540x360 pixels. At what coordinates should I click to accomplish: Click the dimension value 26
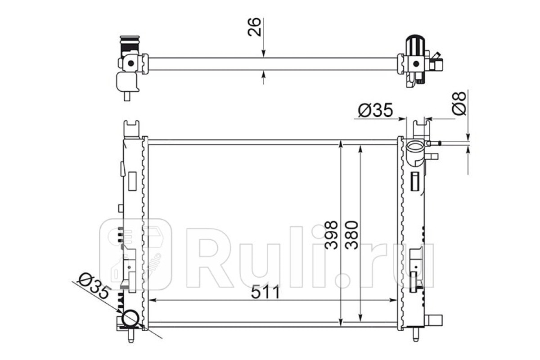click(x=254, y=27)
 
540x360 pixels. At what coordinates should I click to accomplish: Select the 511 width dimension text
click(x=265, y=292)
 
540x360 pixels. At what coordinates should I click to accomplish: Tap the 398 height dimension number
click(x=331, y=235)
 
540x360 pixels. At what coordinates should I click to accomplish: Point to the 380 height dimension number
click(x=351, y=235)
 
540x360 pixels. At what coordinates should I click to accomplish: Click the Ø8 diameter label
click(x=459, y=103)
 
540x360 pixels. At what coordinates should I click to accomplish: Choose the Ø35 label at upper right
click(x=375, y=110)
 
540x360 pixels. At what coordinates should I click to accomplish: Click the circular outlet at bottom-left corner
click(x=130, y=318)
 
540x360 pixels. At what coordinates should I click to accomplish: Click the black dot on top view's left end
click(x=131, y=63)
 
